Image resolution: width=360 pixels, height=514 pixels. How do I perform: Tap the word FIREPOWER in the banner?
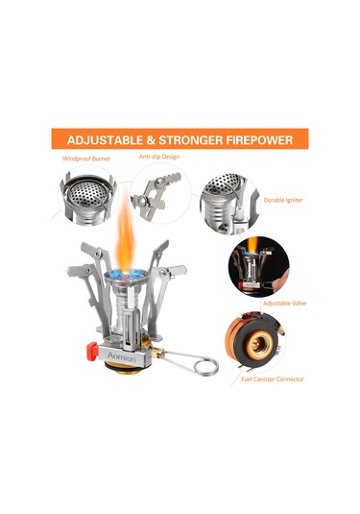pos(259,140)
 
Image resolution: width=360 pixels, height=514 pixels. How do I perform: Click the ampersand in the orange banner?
pos(151,140)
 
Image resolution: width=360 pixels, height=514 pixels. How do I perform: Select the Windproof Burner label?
pos(86,159)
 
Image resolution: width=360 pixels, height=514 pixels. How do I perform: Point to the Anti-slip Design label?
pos(159,157)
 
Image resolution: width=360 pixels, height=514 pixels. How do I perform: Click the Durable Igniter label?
pos(283,200)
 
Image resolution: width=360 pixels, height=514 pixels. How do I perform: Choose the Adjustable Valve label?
pos(284,304)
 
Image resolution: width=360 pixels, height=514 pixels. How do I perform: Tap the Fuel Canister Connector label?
pos(273,379)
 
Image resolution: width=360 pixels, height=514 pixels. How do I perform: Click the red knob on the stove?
pos(92,351)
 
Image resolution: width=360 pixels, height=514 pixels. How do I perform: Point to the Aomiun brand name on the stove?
pos(122,356)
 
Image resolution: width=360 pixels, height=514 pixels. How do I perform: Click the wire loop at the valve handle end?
pos(205,366)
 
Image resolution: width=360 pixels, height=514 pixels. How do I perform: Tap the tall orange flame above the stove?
pos(126,233)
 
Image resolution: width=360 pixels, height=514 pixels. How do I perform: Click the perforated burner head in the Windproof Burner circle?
pos(87,193)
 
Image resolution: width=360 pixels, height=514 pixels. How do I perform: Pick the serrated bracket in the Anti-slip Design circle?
pos(156,197)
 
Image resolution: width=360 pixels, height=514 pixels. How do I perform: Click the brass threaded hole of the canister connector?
pos(260,346)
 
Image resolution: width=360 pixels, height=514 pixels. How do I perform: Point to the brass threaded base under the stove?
pos(124,368)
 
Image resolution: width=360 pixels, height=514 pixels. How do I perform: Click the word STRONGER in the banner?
pos(191,140)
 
